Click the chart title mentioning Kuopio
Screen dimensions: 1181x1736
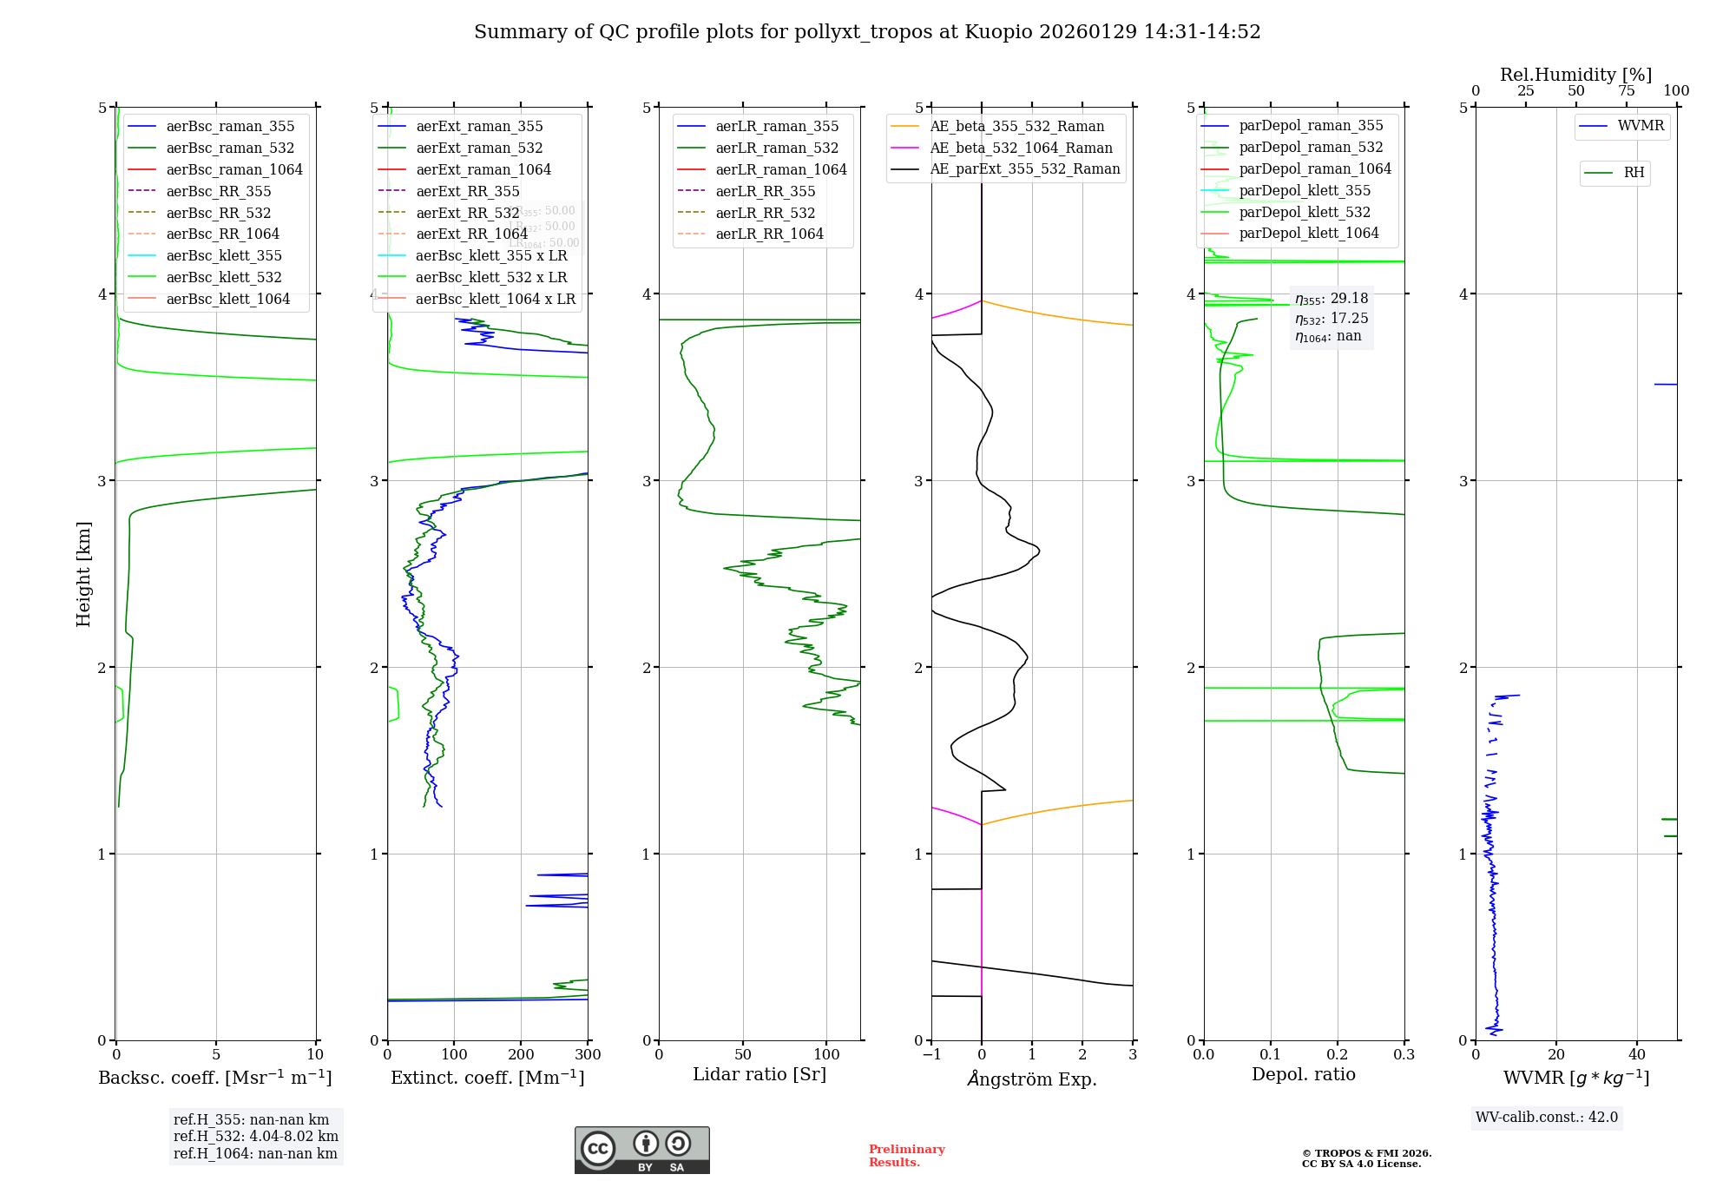tap(866, 32)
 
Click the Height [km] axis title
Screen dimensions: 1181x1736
tap(83, 573)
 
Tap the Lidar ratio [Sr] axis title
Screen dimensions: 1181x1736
tap(759, 1074)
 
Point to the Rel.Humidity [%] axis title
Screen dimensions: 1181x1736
tap(1575, 75)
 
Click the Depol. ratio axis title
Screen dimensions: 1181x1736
tap(1303, 1074)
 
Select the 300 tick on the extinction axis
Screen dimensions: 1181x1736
tap(588, 1055)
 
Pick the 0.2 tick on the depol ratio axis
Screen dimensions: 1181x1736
tap(1338, 1055)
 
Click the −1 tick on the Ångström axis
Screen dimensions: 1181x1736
tap(931, 1055)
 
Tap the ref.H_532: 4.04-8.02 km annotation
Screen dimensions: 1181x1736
tap(255, 1137)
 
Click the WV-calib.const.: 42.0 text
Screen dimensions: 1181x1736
tap(1546, 1118)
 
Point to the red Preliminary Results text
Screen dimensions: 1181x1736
tap(906, 1156)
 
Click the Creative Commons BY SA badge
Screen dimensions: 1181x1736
tap(641, 1150)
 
